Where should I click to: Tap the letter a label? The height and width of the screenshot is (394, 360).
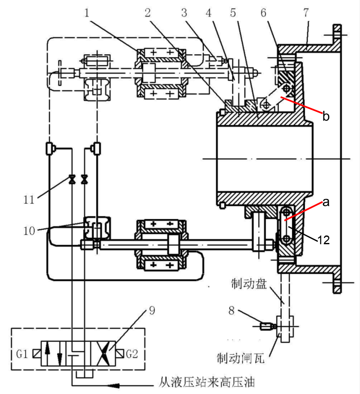(326, 202)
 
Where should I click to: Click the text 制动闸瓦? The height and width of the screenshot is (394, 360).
(243, 357)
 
